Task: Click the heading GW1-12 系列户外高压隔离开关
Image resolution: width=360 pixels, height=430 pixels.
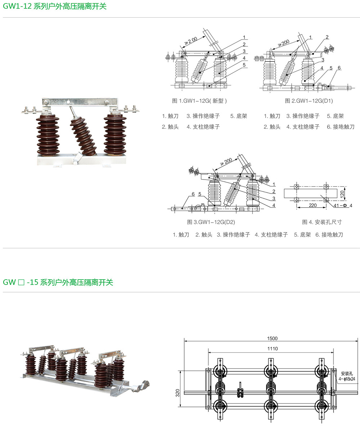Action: coord(55,6)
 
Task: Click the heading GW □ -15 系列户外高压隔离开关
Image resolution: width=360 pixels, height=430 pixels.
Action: coord(58,282)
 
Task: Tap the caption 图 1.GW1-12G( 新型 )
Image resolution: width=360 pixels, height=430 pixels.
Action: coord(199,101)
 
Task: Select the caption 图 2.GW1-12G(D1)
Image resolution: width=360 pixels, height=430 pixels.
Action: coord(309,101)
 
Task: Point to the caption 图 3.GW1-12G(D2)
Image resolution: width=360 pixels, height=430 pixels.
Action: coord(211,222)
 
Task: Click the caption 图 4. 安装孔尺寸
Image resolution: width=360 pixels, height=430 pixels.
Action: coord(322,222)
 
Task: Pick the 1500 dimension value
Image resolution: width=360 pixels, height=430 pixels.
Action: coord(272,338)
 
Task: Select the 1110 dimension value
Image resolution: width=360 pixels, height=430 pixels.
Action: coord(273,349)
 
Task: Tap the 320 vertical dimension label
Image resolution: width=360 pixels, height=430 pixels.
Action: coord(177,393)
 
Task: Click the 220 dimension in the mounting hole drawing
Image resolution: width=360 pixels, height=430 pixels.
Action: coord(313,205)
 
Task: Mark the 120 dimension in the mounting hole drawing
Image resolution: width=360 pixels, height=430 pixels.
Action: coord(342,194)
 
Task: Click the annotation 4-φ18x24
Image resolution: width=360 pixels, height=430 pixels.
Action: coord(347,379)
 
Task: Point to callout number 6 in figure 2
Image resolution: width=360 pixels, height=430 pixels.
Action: coord(339,68)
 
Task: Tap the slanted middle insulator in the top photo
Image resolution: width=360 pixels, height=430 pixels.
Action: coord(83,135)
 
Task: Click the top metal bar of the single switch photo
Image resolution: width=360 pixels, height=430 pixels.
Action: coord(80,102)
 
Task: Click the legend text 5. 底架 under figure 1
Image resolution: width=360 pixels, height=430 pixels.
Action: coord(239,116)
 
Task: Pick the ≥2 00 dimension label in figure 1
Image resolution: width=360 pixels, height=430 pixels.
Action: coord(191,40)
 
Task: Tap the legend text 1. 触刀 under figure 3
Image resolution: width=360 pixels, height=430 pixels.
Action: coord(181,235)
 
